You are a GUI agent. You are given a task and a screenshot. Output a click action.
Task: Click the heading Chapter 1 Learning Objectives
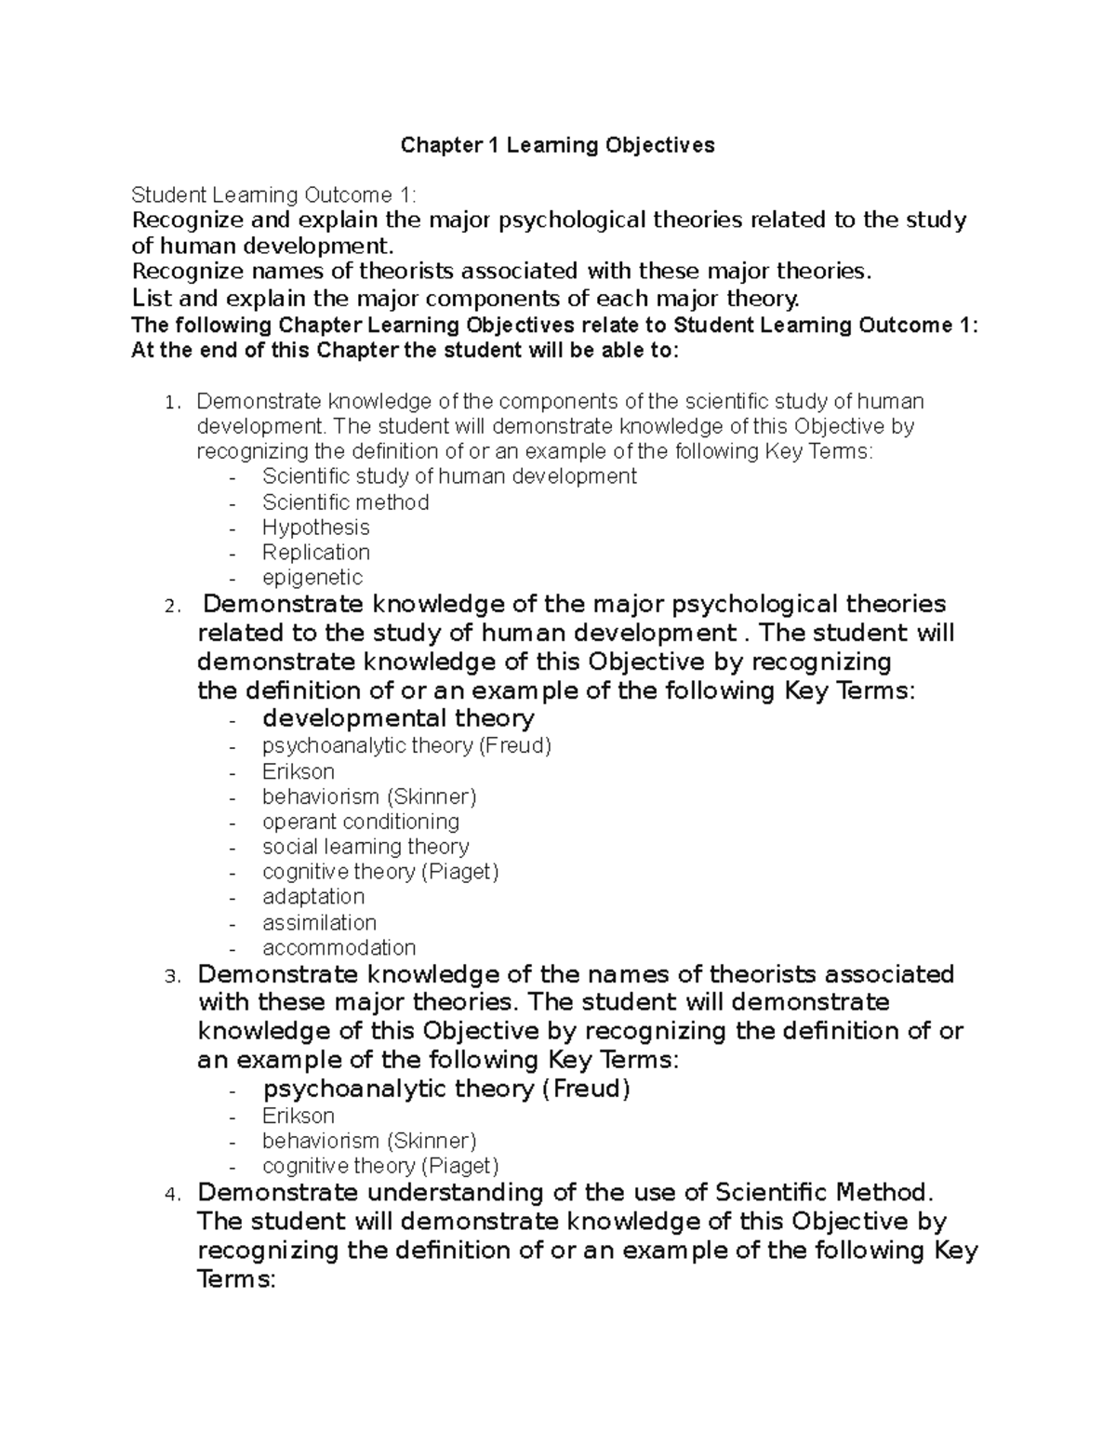point(557,145)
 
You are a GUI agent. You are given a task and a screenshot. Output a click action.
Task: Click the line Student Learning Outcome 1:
point(274,195)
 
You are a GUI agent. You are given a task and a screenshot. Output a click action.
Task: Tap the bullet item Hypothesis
point(315,528)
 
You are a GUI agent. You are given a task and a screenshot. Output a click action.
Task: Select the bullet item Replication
point(315,553)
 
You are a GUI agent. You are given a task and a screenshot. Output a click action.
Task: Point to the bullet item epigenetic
point(312,578)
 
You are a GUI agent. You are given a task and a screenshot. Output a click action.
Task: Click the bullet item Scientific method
point(345,502)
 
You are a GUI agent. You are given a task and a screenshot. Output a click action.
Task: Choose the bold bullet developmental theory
point(398,718)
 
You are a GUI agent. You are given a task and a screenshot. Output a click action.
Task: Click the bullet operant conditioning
point(360,822)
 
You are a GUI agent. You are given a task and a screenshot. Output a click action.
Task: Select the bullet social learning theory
point(365,847)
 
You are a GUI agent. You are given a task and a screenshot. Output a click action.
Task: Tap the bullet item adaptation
point(313,897)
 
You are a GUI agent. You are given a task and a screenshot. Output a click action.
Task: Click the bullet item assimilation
point(319,923)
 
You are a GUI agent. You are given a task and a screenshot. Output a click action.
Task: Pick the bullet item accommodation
point(339,948)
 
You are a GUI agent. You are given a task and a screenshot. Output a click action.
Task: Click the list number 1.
point(168,404)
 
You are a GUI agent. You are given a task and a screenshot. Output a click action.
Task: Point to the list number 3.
point(169,977)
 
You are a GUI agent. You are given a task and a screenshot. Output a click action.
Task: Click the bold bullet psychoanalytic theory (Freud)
point(446,1089)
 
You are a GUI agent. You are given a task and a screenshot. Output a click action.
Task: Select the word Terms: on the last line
point(237,1279)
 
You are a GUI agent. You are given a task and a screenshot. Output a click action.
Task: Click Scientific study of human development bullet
point(449,476)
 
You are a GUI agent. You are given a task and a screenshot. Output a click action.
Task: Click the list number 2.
point(169,607)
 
